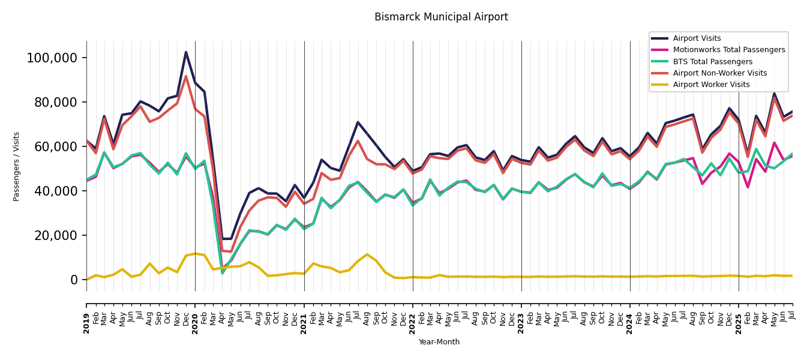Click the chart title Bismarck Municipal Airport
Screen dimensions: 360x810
(x=441, y=17)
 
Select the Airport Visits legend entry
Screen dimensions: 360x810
(x=697, y=39)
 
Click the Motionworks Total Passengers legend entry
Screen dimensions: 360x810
(x=728, y=50)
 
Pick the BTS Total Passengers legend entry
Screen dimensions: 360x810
(x=712, y=62)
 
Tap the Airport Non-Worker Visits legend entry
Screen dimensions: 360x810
(x=719, y=73)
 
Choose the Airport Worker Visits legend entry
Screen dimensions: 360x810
(x=711, y=85)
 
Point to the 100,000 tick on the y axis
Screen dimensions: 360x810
(x=52, y=58)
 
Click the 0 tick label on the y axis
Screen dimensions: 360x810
(x=74, y=280)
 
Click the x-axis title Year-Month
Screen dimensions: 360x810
(x=439, y=342)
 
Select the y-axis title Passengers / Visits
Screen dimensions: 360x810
(x=17, y=166)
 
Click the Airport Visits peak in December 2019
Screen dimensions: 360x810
(x=186, y=52)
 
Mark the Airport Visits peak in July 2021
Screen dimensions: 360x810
(x=358, y=122)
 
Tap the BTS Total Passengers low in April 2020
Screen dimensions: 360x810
(x=222, y=273)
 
